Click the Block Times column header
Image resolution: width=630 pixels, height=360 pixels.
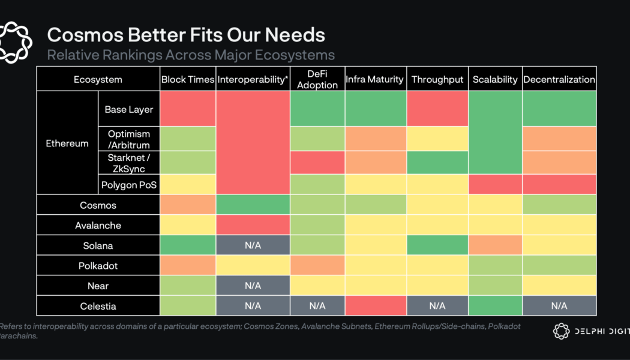tap(187, 80)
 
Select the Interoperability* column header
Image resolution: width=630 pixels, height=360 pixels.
tap(253, 80)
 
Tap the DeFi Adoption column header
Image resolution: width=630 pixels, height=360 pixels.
tap(317, 80)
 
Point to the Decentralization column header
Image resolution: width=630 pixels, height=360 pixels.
tap(559, 80)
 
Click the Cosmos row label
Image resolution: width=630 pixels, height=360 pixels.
tap(98, 205)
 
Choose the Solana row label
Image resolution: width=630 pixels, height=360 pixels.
tap(98, 246)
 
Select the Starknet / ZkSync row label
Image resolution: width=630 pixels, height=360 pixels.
tap(128, 163)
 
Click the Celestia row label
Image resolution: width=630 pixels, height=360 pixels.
tap(98, 306)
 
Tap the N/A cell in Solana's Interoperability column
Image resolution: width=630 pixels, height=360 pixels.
tap(253, 246)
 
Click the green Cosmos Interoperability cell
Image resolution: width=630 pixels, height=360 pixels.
tap(253, 205)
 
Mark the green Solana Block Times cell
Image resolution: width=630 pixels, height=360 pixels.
tap(187, 246)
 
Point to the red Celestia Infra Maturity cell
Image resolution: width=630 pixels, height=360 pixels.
tap(376, 306)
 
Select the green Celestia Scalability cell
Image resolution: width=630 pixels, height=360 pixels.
tap(495, 306)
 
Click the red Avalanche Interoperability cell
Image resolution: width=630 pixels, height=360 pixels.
tap(253, 226)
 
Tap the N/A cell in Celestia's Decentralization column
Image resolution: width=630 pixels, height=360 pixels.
tap(559, 306)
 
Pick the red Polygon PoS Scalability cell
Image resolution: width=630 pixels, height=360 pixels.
tap(495, 185)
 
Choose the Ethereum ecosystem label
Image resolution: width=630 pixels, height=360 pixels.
tap(67, 143)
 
